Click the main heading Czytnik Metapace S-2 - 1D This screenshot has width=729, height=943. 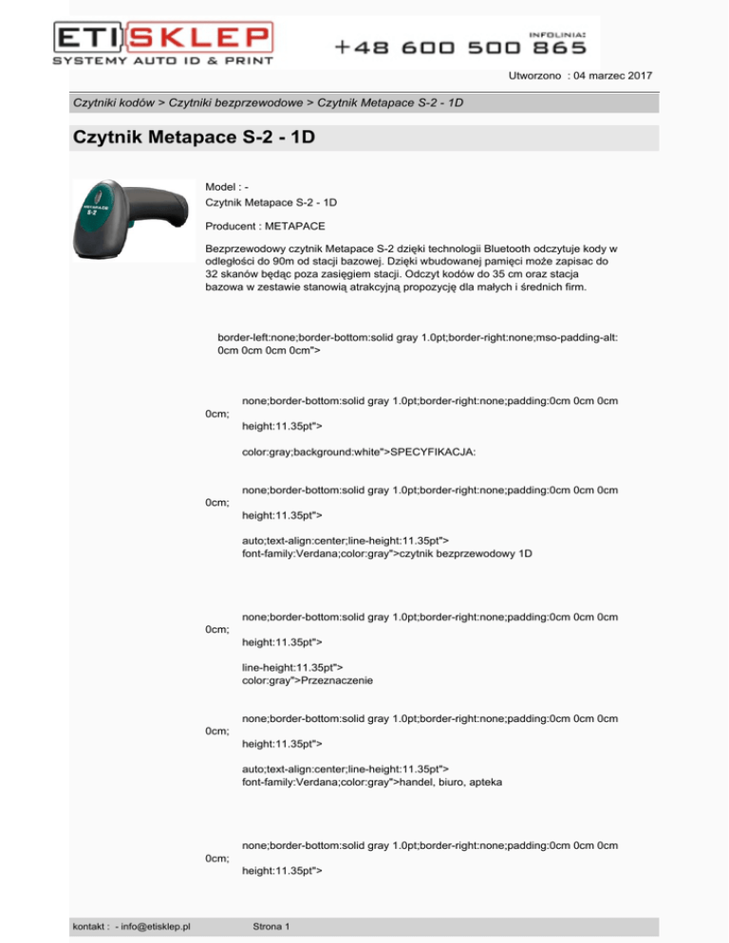tap(194, 138)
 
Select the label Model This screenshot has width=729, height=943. tap(222, 187)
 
